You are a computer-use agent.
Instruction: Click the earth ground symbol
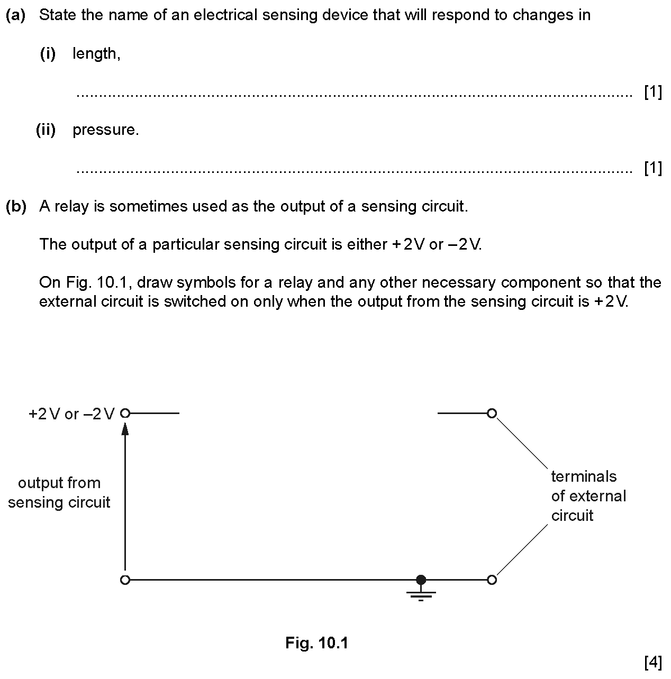point(421,593)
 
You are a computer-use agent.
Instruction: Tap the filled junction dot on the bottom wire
point(421,580)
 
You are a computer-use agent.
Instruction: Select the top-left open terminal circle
point(125,413)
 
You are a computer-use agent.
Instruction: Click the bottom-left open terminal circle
point(125,580)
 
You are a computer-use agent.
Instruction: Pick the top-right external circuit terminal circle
point(492,413)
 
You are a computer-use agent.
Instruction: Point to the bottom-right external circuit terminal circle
point(492,580)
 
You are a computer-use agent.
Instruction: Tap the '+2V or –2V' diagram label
point(71,414)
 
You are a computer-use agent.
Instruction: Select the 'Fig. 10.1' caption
point(316,643)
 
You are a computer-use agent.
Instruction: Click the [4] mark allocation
point(653,663)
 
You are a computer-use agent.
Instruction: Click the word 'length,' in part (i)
point(97,54)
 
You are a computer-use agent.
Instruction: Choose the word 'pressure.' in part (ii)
point(106,131)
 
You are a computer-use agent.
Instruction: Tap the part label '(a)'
point(16,15)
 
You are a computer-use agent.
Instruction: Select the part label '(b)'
point(16,206)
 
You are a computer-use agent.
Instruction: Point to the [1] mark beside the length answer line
point(653,93)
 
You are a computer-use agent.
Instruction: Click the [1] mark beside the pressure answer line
point(653,168)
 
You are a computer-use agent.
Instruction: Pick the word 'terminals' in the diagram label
point(584,476)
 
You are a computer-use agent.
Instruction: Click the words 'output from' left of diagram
point(59,483)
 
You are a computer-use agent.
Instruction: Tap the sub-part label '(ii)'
point(46,130)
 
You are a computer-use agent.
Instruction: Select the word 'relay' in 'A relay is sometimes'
point(71,207)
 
